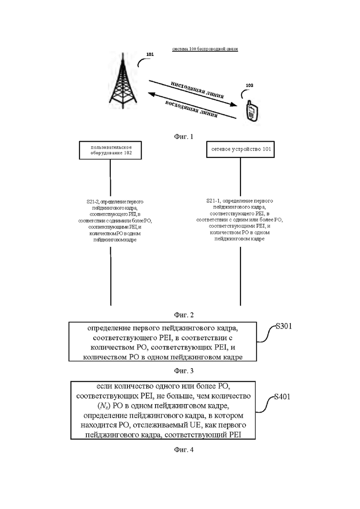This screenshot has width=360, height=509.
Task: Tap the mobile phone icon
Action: (x=252, y=111)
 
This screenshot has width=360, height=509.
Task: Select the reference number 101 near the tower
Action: (x=150, y=54)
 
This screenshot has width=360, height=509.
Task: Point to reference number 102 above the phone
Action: (x=249, y=85)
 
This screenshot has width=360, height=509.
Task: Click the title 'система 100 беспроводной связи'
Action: (x=205, y=49)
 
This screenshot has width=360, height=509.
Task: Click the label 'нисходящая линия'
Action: (x=198, y=90)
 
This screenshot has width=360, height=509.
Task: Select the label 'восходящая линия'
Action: (x=191, y=109)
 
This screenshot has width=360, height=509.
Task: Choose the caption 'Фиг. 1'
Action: (x=184, y=137)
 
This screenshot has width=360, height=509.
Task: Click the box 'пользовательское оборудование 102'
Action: (x=110, y=150)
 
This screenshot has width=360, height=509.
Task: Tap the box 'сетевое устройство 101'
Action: (x=240, y=150)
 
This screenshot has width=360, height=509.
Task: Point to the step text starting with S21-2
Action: (x=115, y=221)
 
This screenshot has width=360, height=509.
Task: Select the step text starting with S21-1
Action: (x=240, y=220)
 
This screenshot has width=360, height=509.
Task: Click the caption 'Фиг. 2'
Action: (x=184, y=315)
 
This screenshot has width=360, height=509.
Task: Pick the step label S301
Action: (x=284, y=326)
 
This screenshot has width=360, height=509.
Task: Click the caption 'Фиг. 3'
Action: (x=184, y=371)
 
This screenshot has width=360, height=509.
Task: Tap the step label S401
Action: (x=282, y=397)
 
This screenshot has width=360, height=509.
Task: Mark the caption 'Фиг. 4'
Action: (x=184, y=449)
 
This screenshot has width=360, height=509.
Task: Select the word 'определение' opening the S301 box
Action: (x=109, y=328)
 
